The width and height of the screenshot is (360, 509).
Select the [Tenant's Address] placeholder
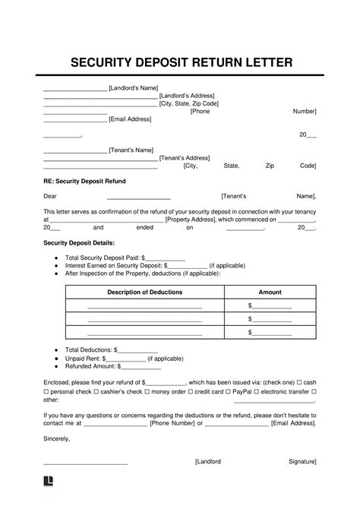point(184,157)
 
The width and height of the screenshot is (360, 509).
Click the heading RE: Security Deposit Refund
point(84,182)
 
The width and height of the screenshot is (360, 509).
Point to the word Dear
point(50,196)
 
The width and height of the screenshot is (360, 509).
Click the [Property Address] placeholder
point(190,219)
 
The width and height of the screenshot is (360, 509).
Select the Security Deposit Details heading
point(79,243)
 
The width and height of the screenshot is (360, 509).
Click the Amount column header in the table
point(270,292)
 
